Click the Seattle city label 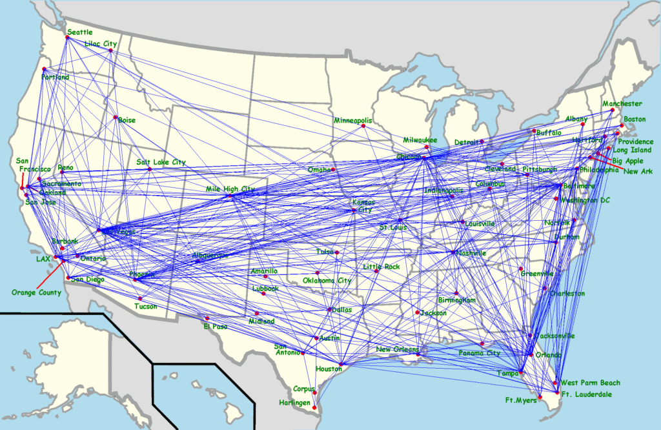(x=80, y=32)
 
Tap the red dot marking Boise (x=116, y=118)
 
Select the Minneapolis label (x=353, y=121)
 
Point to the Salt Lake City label (x=161, y=162)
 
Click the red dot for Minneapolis (x=363, y=126)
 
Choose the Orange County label (x=36, y=292)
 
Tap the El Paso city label (x=216, y=326)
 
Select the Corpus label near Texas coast (x=303, y=389)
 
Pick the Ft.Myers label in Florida (x=521, y=400)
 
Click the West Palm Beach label (x=590, y=383)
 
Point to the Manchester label (x=622, y=103)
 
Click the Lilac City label (x=101, y=44)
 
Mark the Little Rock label (x=381, y=266)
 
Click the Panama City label (x=480, y=353)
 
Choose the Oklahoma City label (x=327, y=281)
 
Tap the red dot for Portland (x=44, y=69)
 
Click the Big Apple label (x=627, y=160)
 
